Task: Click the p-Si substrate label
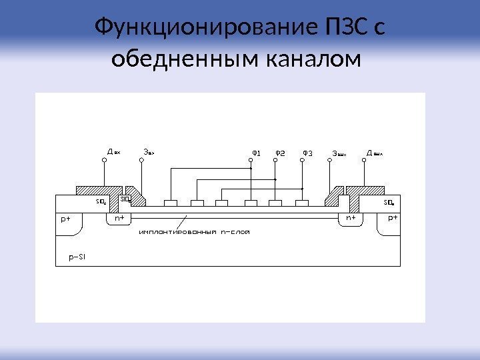78,255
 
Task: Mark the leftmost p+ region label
65,218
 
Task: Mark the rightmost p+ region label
393,218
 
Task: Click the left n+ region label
119,218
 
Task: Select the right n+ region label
351,218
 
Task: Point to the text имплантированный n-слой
194,233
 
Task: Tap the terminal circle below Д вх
105,161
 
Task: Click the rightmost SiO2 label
389,202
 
